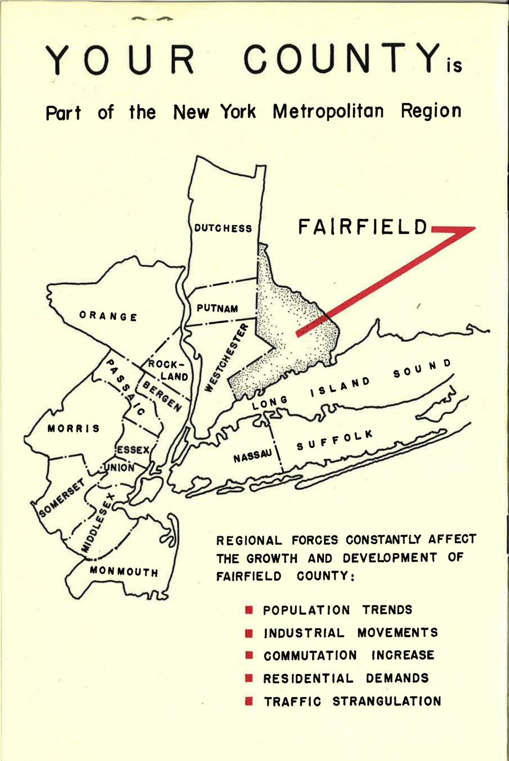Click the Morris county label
click(74, 428)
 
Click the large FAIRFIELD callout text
click(362, 227)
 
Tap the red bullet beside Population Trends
click(249, 610)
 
